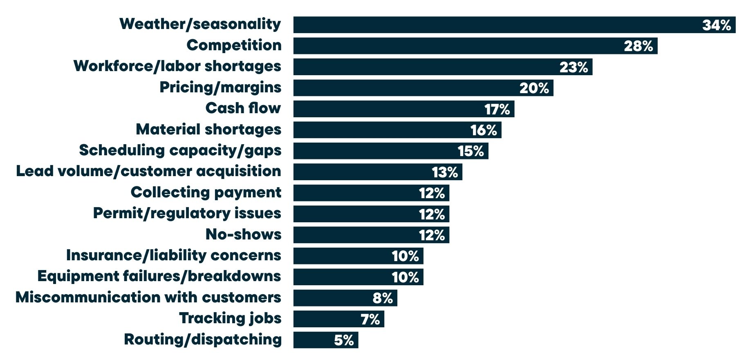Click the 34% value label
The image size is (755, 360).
[717, 25]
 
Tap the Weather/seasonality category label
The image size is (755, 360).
[200, 24]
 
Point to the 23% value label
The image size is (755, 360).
[574, 67]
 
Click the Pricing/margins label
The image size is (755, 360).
[220, 87]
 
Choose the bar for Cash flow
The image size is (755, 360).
[388, 109]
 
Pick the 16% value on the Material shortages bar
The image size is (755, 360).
[484, 130]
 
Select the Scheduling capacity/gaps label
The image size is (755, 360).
[180, 150]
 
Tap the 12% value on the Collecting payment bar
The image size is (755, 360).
[432, 193]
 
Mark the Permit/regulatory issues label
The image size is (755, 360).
[187, 213]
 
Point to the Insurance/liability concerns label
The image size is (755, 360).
[173, 255]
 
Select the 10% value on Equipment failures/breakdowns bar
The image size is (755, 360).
[405, 277]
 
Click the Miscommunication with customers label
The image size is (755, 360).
[148, 297]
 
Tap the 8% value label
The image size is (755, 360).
[383, 298]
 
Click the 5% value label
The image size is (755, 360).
[344, 340]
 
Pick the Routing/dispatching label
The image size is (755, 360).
[203, 340]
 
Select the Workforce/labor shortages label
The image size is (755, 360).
[177, 66]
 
